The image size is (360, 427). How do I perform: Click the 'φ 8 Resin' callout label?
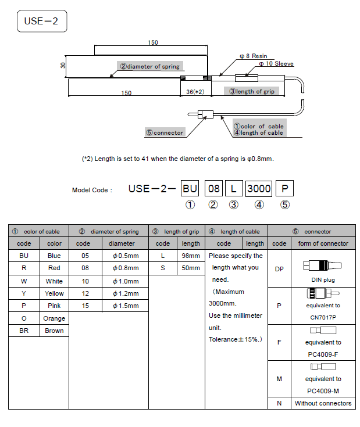click(253, 56)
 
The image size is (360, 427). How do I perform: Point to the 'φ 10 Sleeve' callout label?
click(276, 63)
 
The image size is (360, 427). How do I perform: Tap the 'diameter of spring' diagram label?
click(150, 66)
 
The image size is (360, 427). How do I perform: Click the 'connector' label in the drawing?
click(165, 132)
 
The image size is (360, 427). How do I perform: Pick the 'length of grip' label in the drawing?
click(251, 91)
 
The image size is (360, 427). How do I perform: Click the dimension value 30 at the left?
click(63, 66)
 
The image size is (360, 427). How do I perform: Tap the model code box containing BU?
click(190, 188)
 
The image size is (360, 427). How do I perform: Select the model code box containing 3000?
click(259, 188)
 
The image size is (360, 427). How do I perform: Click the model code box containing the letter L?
click(233, 188)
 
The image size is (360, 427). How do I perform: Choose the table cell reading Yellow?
click(54, 293)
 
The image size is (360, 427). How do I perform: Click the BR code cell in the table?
click(24, 331)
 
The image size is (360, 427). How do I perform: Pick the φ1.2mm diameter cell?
click(125, 293)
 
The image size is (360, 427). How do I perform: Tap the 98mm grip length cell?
click(191, 256)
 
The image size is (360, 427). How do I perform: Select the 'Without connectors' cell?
click(323, 403)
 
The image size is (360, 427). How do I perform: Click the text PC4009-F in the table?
click(323, 354)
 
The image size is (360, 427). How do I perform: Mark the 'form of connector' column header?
click(323, 243)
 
